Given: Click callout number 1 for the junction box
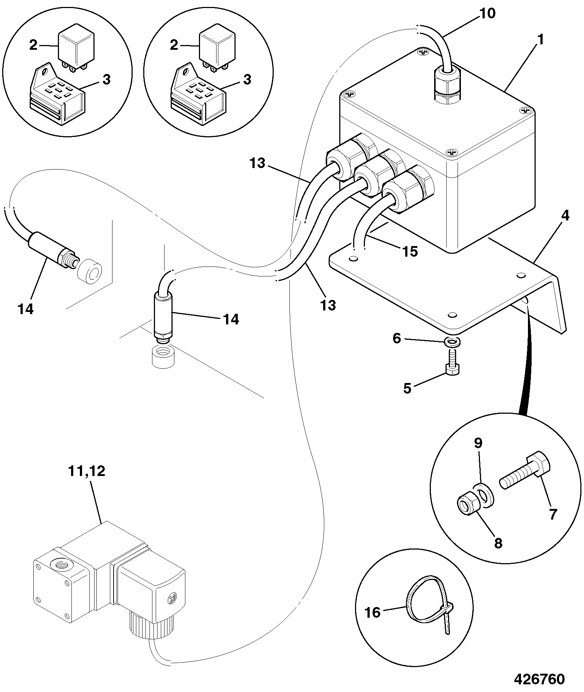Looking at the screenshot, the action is click(541, 39).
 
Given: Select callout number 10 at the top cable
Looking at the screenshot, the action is click(488, 14).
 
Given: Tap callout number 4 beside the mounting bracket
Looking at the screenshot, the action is click(565, 216).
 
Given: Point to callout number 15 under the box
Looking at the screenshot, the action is click(410, 251).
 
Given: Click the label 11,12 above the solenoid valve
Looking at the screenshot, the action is click(86, 471).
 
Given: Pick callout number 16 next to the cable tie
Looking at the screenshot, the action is click(373, 612).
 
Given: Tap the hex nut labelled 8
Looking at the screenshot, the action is click(466, 507).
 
